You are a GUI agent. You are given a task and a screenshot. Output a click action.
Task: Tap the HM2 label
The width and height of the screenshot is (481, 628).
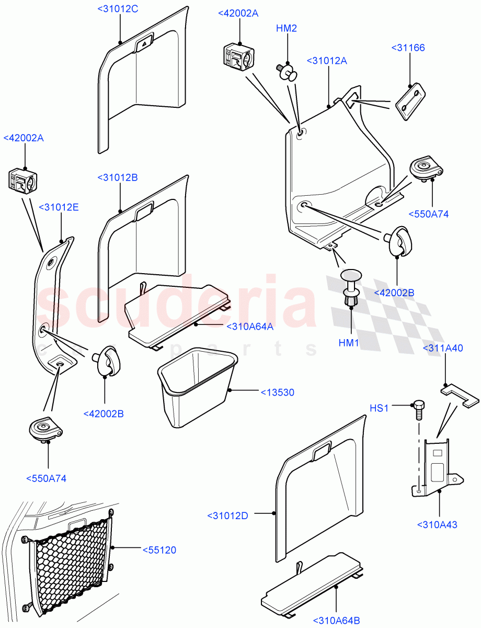click(x=287, y=28)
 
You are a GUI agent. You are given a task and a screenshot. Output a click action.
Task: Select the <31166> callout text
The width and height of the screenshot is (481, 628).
click(x=408, y=48)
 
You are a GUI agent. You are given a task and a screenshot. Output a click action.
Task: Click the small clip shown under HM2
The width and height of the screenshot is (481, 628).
click(x=286, y=71)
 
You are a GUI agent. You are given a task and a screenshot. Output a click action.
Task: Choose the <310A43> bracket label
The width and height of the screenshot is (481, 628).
click(x=437, y=524)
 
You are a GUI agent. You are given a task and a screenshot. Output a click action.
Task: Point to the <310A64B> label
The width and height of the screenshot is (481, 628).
click(x=336, y=620)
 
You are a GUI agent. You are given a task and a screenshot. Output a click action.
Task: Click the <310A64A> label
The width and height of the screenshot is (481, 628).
click(x=250, y=327)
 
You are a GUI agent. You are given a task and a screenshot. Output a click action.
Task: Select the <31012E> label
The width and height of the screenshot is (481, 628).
click(x=59, y=207)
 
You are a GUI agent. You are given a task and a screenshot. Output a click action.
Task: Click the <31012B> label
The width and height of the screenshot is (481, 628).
click(x=118, y=178)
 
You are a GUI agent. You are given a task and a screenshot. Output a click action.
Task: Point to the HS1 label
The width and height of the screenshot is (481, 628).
click(x=380, y=407)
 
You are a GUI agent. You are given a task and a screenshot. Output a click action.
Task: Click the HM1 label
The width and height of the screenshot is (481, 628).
click(x=349, y=343)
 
